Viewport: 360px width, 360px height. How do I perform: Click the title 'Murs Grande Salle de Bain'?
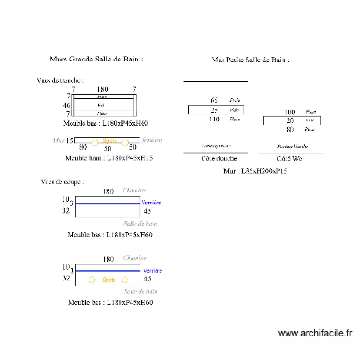(x=96, y=59)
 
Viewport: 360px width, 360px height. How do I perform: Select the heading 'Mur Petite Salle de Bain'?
(x=250, y=60)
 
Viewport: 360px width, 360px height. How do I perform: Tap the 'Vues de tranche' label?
(x=60, y=80)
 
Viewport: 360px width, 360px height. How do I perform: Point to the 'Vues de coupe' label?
(x=62, y=182)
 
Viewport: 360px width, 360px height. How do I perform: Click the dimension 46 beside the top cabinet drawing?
(x=67, y=105)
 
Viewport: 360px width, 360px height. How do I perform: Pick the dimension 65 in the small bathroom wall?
(x=214, y=100)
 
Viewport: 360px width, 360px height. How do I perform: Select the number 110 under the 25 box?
(x=214, y=120)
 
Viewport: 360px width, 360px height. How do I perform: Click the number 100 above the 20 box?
(x=289, y=112)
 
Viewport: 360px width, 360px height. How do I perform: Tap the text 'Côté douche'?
(x=219, y=158)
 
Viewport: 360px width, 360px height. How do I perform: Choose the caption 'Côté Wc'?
(x=290, y=158)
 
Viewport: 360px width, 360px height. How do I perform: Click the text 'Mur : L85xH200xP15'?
(x=255, y=171)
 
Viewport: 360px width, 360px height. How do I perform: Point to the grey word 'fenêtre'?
(x=152, y=140)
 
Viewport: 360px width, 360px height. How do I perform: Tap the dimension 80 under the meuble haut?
(x=83, y=148)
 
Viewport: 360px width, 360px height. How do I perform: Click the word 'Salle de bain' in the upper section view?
(x=140, y=223)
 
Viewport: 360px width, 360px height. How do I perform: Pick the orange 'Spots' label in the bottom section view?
(x=108, y=280)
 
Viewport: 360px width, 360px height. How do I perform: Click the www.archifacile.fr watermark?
(x=315, y=333)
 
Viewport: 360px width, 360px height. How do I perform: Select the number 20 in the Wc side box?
(x=290, y=120)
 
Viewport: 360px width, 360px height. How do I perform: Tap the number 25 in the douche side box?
(x=215, y=110)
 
